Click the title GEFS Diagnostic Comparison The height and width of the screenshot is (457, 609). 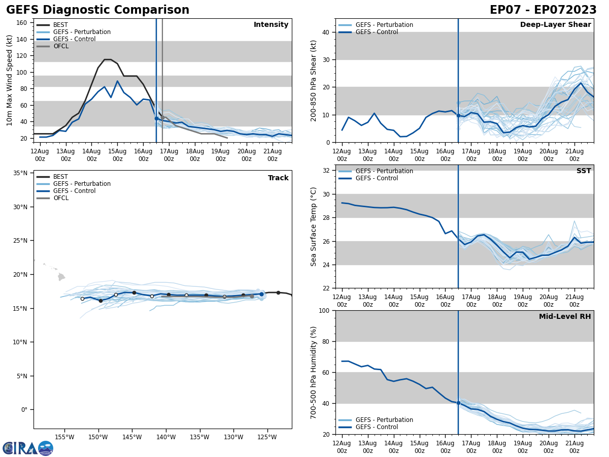tap(97, 10)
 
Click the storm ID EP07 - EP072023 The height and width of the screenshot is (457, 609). tap(543, 10)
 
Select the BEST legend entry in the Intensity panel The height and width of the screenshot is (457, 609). tap(60, 25)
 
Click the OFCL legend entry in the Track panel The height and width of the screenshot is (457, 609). tap(60, 198)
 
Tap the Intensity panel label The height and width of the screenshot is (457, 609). tap(271, 25)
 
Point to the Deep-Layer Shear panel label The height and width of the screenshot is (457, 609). tap(555, 25)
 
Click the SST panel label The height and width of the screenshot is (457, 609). tap(584, 171)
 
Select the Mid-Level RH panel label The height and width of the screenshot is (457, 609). tap(565, 317)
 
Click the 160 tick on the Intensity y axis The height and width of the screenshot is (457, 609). tap(22, 23)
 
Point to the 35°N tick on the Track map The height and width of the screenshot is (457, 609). tap(20, 173)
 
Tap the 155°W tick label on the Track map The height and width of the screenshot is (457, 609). tap(64, 437)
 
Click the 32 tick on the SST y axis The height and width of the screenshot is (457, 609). tap(326, 171)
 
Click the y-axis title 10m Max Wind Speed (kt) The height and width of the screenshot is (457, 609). tap(9, 80)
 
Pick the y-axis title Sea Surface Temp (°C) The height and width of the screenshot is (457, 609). tap(314, 226)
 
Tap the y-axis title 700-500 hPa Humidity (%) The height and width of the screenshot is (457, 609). tap(314, 372)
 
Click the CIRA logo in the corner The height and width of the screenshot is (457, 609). tap(28, 448)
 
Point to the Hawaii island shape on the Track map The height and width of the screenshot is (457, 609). tap(61, 277)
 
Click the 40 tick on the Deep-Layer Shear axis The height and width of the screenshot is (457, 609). tap(326, 32)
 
